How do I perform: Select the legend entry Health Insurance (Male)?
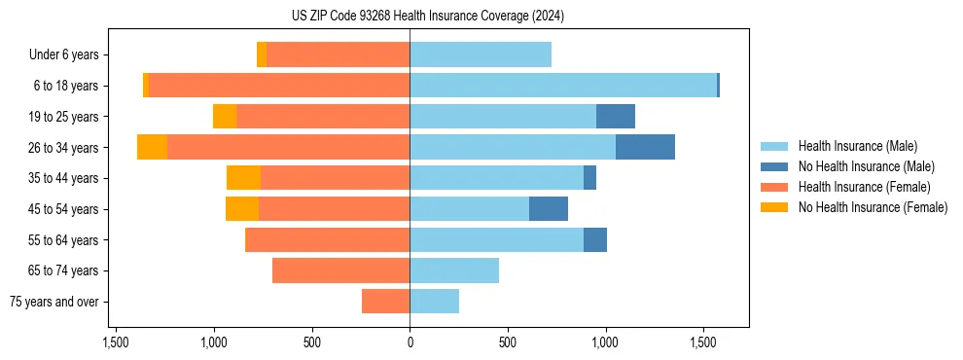(x=856, y=146)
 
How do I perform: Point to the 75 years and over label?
(x=53, y=302)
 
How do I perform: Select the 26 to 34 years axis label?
(x=66, y=148)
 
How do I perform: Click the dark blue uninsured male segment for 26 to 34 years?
(x=645, y=147)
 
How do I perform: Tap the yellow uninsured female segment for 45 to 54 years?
(x=242, y=209)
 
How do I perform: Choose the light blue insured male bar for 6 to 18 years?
(x=563, y=86)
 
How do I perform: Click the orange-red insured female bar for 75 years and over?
(x=385, y=302)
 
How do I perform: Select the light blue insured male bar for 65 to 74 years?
(x=454, y=270)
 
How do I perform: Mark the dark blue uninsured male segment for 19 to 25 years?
(x=615, y=117)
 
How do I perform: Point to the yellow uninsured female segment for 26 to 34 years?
(x=152, y=147)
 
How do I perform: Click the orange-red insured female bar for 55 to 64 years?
(x=327, y=240)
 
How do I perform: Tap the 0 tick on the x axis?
(x=410, y=343)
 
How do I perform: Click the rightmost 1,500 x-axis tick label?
(x=703, y=343)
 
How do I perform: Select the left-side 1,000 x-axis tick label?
(x=214, y=343)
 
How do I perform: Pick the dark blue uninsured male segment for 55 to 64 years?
(x=595, y=240)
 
